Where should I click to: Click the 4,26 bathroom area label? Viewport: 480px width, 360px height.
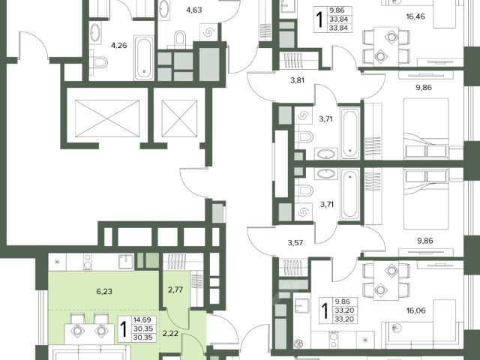(118, 46)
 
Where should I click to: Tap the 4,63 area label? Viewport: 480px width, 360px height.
(194, 10)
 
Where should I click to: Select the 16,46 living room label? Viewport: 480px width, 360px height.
(415, 16)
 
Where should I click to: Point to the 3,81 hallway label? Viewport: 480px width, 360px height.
(297, 81)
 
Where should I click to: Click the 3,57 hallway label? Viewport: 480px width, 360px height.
(295, 243)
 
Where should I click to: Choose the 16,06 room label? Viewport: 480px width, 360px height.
(416, 310)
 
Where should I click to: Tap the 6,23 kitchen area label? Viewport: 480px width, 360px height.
(104, 292)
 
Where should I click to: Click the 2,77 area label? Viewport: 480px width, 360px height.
(175, 289)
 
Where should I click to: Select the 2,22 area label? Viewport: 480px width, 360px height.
(170, 334)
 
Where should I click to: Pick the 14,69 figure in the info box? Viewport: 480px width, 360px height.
(142, 320)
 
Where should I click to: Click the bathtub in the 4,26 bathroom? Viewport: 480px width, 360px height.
(144, 58)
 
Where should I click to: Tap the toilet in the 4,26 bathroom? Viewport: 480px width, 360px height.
(98, 62)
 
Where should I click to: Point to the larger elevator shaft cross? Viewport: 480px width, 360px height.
(107, 118)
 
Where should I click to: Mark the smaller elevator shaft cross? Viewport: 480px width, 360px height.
(179, 118)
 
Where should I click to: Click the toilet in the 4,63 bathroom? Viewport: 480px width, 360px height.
(180, 38)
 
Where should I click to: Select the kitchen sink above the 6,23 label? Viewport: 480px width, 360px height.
(126, 262)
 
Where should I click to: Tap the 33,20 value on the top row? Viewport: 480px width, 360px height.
(344, 310)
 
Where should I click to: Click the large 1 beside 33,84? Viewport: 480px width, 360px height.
(320, 19)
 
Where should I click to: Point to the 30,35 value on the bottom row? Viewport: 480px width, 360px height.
(142, 337)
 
